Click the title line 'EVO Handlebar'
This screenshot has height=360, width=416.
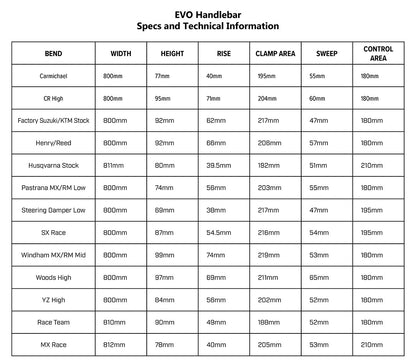pyautogui.click(x=208, y=9)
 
